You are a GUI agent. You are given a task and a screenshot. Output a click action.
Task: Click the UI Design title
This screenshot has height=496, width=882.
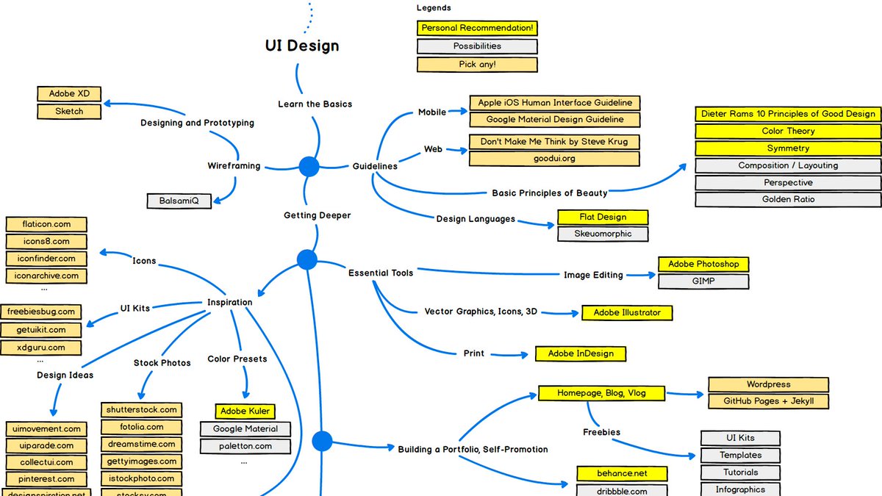click(302, 46)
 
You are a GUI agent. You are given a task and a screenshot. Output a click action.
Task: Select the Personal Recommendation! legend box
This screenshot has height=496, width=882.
click(477, 29)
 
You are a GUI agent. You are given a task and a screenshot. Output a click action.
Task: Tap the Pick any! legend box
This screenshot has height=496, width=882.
click(477, 64)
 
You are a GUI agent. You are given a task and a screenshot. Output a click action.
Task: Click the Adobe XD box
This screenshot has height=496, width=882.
click(69, 94)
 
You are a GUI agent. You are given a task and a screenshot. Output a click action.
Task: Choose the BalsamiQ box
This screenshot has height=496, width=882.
click(179, 200)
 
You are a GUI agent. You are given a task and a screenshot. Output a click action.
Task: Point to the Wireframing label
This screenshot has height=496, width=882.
click(234, 166)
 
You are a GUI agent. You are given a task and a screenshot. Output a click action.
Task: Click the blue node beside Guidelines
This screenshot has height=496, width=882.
click(309, 167)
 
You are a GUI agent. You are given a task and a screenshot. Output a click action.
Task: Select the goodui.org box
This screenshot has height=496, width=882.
click(554, 158)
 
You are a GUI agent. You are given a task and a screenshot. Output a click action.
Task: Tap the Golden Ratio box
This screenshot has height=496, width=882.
click(788, 199)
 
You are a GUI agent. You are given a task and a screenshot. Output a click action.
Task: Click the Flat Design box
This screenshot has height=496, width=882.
click(603, 217)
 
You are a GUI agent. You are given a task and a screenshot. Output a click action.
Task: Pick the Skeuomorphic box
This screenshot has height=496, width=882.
click(603, 234)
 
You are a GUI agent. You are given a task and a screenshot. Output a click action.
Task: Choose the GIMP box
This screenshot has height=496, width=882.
click(703, 281)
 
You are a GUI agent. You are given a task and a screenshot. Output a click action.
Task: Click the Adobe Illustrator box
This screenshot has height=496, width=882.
click(627, 312)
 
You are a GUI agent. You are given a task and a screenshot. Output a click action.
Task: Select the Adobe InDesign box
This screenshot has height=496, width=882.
click(580, 353)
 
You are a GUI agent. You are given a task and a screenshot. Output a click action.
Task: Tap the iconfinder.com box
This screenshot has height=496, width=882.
click(46, 259)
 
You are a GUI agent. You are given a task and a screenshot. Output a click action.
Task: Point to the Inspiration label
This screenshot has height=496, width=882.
click(229, 302)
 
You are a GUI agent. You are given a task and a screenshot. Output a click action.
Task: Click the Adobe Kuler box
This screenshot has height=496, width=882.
click(245, 411)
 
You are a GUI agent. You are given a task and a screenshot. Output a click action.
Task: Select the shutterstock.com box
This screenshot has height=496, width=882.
click(141, 409)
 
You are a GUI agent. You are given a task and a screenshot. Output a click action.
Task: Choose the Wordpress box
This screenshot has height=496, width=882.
click(768, 384)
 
